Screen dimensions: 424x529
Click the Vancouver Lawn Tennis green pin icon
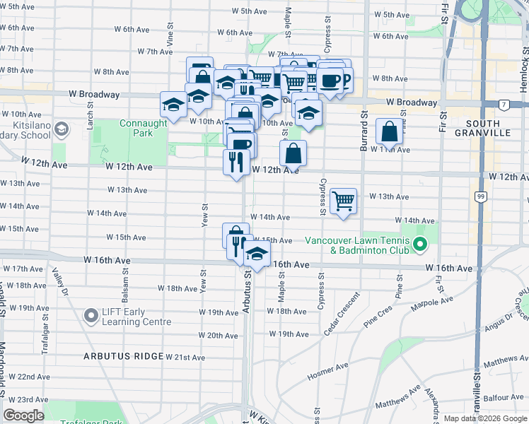point(419,245)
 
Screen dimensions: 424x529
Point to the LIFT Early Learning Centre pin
point(91,316)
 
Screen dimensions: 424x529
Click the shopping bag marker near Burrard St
point(390,131)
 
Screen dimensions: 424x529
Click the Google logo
point(24,416)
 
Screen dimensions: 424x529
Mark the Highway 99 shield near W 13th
point(480,196)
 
